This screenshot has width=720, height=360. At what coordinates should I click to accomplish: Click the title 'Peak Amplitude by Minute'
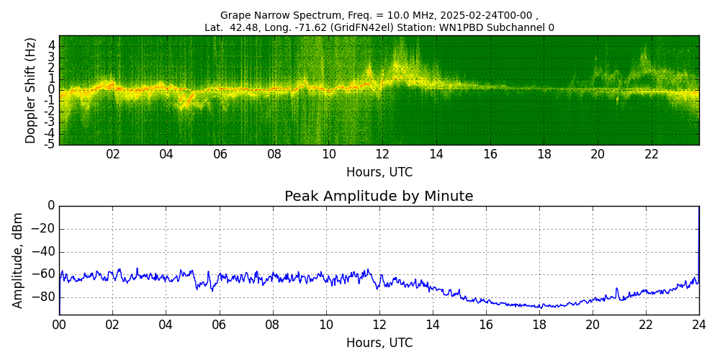379,197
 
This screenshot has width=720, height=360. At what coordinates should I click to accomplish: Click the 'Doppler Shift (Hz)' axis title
31,91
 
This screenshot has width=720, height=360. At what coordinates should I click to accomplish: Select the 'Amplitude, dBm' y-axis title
19,260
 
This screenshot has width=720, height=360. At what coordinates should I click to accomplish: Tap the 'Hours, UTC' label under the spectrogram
379,173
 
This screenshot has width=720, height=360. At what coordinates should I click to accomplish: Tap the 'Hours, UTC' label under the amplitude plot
379,343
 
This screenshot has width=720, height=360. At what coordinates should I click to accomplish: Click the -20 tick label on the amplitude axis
45,230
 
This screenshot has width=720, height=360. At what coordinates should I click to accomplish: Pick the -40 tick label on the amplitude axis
45,252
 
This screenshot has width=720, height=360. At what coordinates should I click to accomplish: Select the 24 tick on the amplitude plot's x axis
699,325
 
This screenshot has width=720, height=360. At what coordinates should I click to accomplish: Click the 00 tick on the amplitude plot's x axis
59,325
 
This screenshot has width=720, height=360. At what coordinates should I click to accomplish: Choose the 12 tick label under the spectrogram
382,155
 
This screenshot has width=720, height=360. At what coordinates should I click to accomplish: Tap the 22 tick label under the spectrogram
652,155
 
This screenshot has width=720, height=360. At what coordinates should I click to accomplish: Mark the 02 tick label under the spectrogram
113,155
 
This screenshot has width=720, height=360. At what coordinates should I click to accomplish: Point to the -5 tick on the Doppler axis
50,144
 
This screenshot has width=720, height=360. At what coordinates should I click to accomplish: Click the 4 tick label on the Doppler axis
52,45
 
